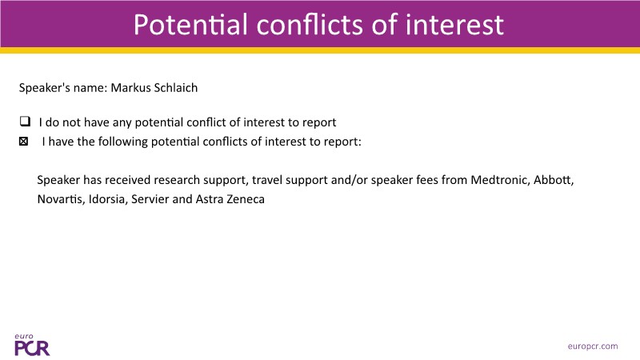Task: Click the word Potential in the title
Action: click(x=190, y=25)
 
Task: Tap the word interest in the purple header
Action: click(x=454, y=25)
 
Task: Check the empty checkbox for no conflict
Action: click(x=25, y=122)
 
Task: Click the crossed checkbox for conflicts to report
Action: click(x=24, y=142)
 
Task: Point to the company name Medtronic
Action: click(x=499, y=180)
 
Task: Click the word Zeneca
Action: click(x=246, y=199)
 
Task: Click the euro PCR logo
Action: click(x=32, y=345)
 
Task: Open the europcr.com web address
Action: click(x=593, y=346)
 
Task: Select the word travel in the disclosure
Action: click(x=267, y=180)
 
